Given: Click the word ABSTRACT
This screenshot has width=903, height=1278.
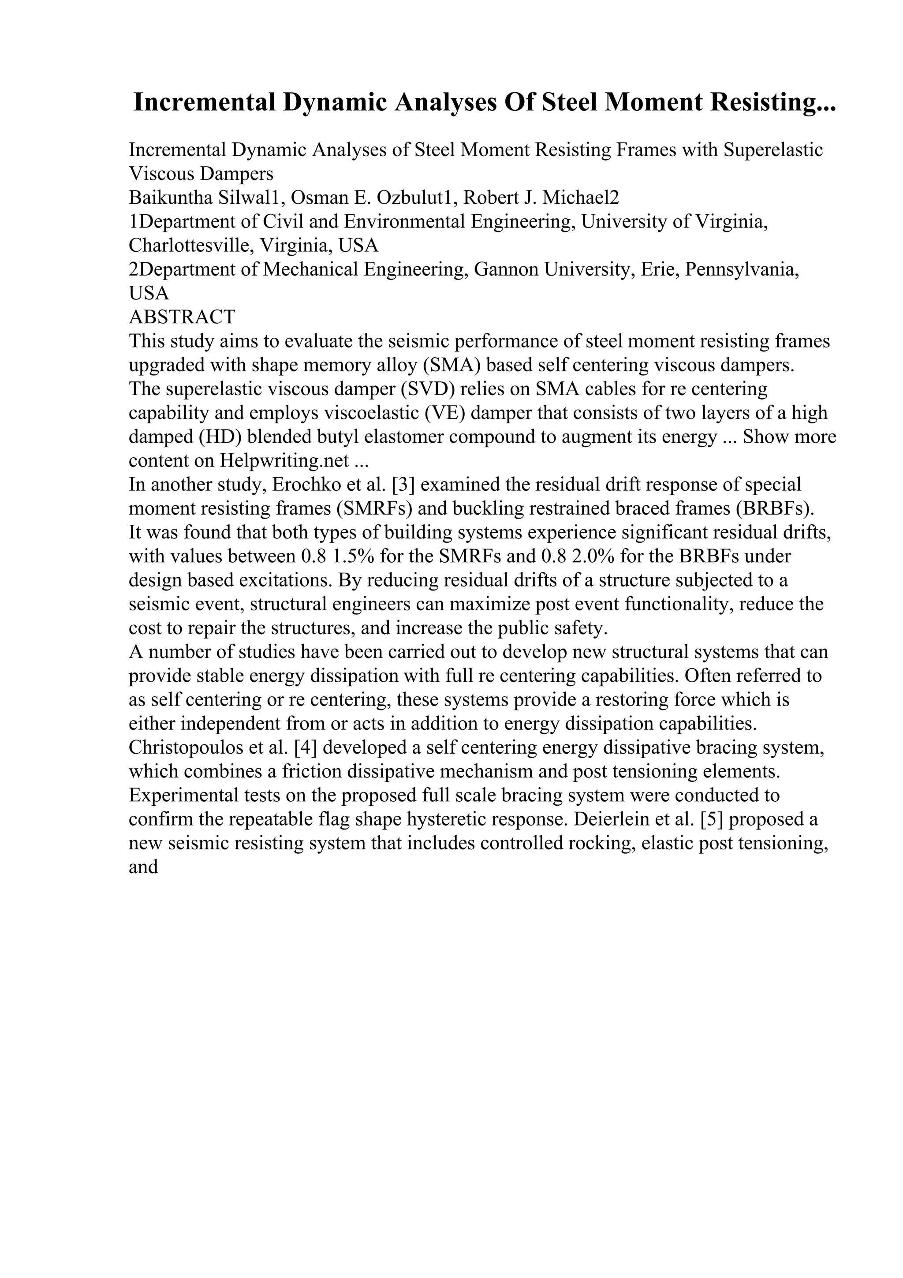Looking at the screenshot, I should coord(182,317).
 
